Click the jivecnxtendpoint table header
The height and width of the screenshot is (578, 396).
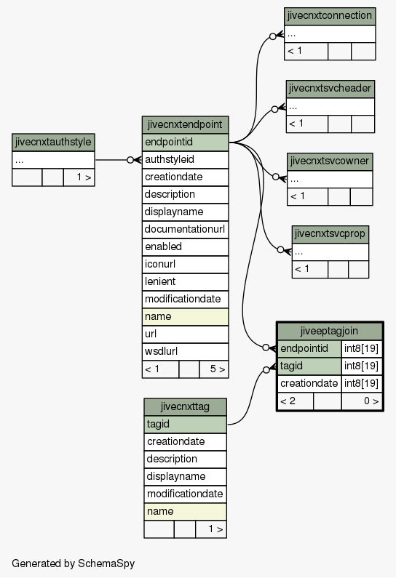pyautogui.click(x=186, y=124)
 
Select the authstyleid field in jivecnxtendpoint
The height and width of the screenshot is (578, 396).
pyautogui.click(x=186, y=160)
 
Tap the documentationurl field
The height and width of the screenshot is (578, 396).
pyautogui.click(x=186, y=229)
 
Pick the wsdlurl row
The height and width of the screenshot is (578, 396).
pyautogui.click(x=186, y=351)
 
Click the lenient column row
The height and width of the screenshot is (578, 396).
pyautogui.click(x=186, y=281)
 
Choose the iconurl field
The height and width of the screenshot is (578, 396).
pyautogui.click(x=186, y=265)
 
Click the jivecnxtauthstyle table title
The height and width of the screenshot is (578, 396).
pyautogui.click(x=53, y=143)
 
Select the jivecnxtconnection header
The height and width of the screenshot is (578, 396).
pyautogui.click(x=330, y=16)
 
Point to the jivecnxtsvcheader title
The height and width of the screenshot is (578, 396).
pyautogui.click(x=330, y=89)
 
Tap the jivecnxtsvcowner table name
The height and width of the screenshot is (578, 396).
pyautogui.click(x=330, y=161)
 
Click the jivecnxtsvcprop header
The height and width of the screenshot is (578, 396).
pyautogui.click(x=330, y=233)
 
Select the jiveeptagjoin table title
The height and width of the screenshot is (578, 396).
pyautogui.click(x=330, y=331)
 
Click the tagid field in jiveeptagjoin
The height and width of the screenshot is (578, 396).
pyautogui.click(x=309, y=366)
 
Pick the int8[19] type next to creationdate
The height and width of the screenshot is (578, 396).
pyautogui.click(x=362, y=383)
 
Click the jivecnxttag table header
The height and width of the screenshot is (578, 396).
pyautogui.click(x=186, y=406)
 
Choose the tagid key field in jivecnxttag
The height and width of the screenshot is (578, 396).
pyautogui.click(x=186, y=425)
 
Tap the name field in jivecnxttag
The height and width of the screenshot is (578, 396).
pyautogui.click(x=186, y=512)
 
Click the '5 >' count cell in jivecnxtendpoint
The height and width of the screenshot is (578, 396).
pyautogui.click(x=214, y=369)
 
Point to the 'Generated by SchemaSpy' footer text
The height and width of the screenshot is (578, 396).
pyautogui.click(x=73, y=563)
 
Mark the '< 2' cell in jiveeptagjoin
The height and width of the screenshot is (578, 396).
pyautogui.click(x=296, y=401)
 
